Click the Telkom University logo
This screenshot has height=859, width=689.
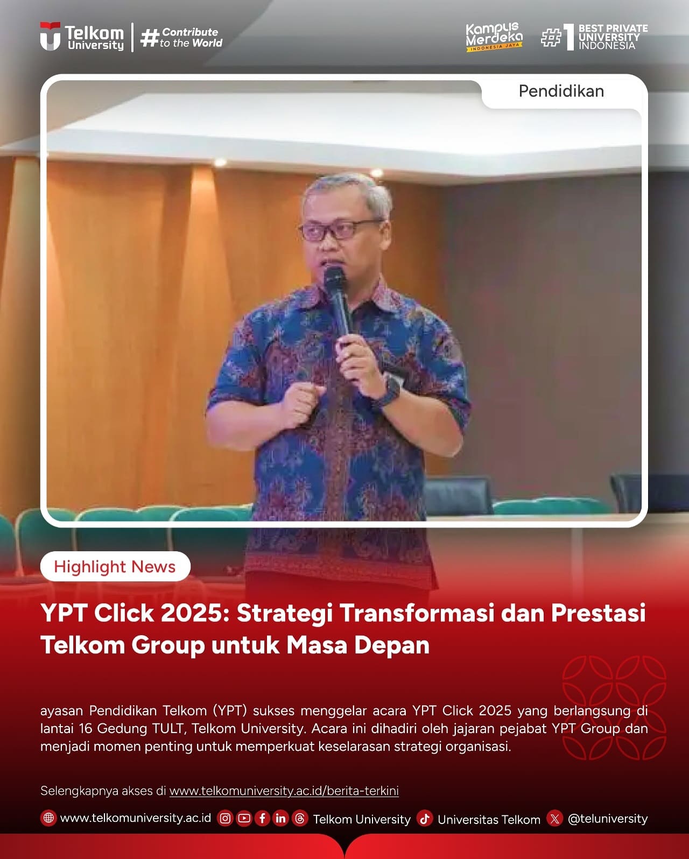[x=82, y=37]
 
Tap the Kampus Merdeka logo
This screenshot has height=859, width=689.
[x=494, y=37]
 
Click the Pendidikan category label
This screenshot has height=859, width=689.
[x=561, y=91]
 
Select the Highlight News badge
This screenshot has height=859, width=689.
[x=115, y=566]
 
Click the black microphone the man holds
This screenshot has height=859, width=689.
[x=338, y=304]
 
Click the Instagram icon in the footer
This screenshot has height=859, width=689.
[x=225, y=819]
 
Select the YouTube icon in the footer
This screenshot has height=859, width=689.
[x=244, y=819]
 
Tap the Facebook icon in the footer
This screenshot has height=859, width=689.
[x=262, y=819]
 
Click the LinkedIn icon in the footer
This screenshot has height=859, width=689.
[x=280, y=819]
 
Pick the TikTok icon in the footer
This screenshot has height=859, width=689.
[x=425, y=819]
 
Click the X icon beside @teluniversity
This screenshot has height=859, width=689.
[x=554, y=819]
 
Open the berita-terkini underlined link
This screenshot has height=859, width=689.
[x=284, y=791]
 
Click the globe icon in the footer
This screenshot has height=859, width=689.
[x=48, y=818]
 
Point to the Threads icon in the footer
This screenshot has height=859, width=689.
[x=300, y=819]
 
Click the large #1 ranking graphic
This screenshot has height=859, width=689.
[x=558, y=37]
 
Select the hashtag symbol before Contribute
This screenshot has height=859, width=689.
[x=150, y=38]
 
